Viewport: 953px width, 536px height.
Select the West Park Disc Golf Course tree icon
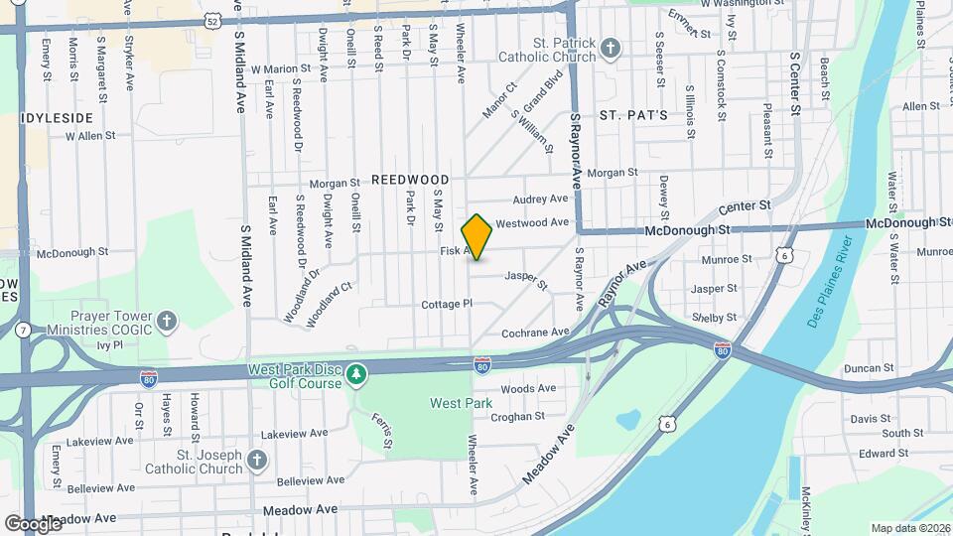[356, 374]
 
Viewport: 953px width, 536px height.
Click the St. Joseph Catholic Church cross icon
[257, 460]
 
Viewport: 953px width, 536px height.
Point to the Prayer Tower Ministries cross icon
[167, 321]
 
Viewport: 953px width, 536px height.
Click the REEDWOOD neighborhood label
[410, 180]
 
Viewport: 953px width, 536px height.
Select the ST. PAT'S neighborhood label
[632, 116]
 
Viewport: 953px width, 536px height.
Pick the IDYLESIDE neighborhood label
[58, 117]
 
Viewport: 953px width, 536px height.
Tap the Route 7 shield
[22, 330]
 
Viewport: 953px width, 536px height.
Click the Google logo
[33, 523]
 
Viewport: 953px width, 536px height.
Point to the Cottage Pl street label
[444, 304]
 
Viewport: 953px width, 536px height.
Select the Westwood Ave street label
[531, 222]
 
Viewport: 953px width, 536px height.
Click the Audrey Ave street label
[539, 199]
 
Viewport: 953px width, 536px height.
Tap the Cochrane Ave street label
[535, 332]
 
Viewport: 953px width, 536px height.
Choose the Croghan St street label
[518, 417]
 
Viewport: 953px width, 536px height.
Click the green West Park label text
[461, 403]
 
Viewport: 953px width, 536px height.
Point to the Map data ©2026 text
[909, 528]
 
